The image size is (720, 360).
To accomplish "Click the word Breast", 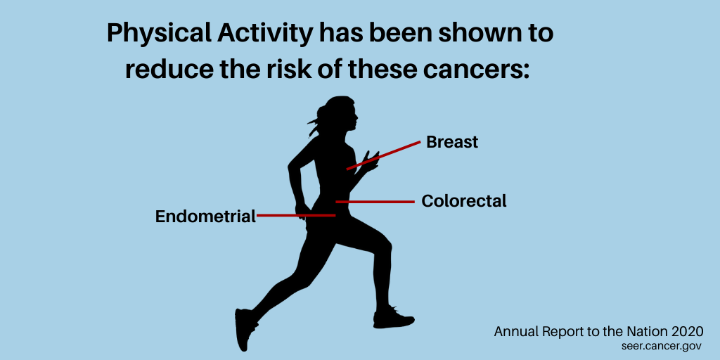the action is pyautogui.click(x=452, y=142).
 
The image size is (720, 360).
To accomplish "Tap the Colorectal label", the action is pyautogui.click(x=464, y=200).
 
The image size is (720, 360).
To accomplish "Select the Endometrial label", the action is pyautogui.click(x=205, y=217).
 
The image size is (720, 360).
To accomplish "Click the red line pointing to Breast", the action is pyautogui.click(x=383, y=155).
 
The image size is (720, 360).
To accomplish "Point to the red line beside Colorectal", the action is pyautogui.click(x=375, y=202).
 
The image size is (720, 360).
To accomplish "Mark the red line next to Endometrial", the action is pyautogui.click(x=296, y=215).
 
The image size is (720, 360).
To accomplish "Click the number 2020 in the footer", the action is pyautogui.click(x=687, y=332).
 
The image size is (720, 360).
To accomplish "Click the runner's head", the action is pyautogui.click(x=340, y=115).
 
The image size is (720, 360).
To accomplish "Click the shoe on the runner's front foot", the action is pyautogui.click(x=393, y=318).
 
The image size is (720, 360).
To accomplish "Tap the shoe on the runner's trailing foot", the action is pyautogui.click(x=244, y=328).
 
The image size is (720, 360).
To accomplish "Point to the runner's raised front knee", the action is pyautogui.click(x=385, y=244).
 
